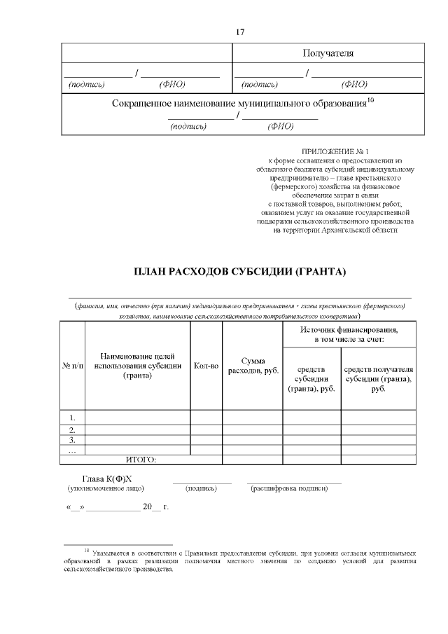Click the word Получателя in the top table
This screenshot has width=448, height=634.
point(328,53)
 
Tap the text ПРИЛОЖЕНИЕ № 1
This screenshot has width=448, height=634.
point(334,151)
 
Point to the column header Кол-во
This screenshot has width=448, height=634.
point(206,365)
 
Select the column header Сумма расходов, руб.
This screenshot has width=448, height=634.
point(252,365)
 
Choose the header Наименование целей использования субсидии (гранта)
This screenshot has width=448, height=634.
point(137,365)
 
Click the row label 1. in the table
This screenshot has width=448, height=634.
point(72,418)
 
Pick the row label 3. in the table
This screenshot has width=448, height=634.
point(72,440)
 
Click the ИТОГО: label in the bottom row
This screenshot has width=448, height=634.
point(141,460)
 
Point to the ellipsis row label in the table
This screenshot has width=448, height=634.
point(72,450)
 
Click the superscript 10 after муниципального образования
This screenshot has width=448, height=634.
point(371,100)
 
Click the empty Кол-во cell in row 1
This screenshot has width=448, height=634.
point(206,418)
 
